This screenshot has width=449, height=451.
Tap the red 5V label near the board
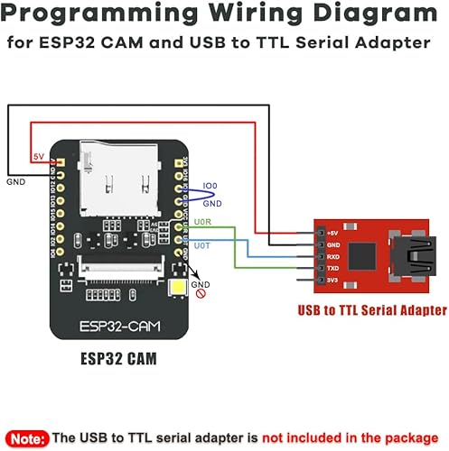click(x=39, y=156)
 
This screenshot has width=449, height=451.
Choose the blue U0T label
click(x=204, y=245)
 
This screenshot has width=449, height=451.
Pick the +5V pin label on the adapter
click(x=333, y=232)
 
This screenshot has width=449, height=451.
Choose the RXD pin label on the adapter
click(x=333, y=255)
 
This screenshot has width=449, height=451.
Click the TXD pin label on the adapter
click(x=333, y=267)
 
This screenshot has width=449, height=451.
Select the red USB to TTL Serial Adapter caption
click(x=372, y=309)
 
